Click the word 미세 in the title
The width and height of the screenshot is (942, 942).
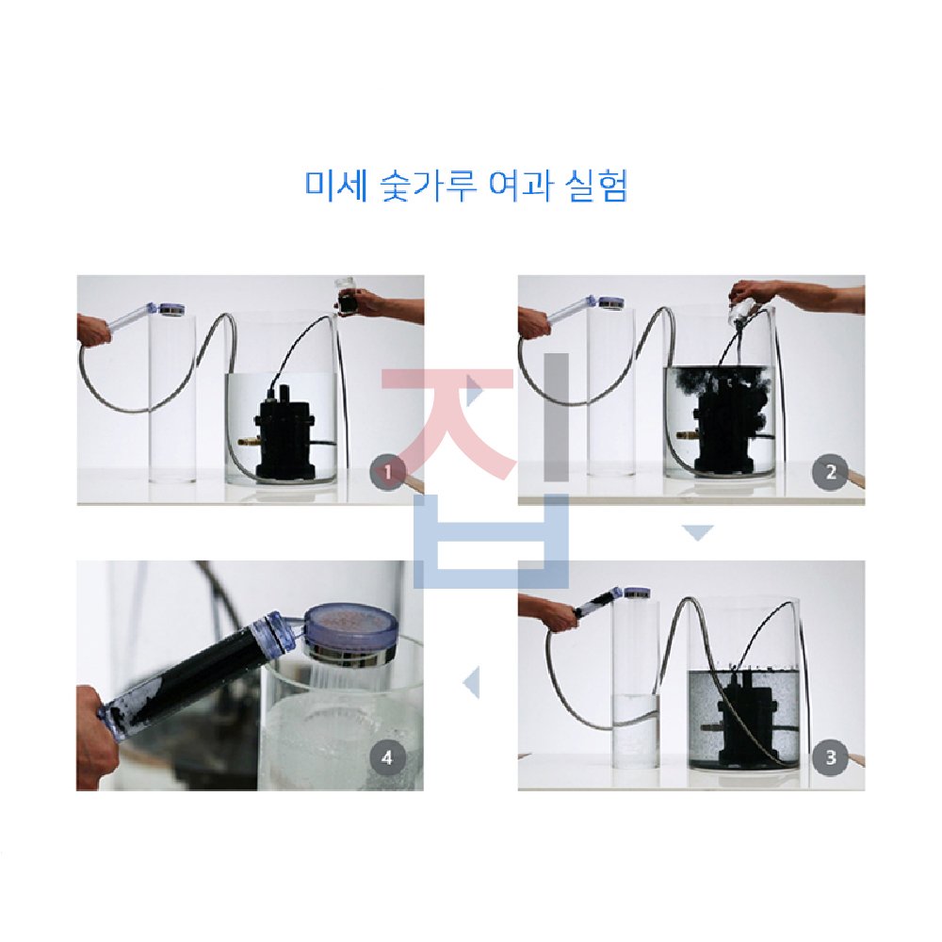pyautogui.click(x=336, y=186)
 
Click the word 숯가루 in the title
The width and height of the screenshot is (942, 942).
pyautogui.click(x=430, y=186)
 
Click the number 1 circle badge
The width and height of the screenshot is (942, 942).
pyautogui.click(x=387, y=472)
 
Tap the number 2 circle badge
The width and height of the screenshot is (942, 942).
pyautogui.click(x=830, y=472)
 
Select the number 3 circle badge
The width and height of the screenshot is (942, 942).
pyautogui.click(x=830, y=757)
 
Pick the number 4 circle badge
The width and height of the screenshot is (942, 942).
pyautogui.click(x=387, y=757)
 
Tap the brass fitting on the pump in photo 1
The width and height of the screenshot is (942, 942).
pyautogui.click(x=247, y=442)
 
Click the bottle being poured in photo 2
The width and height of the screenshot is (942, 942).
pyautogui.click(x=742, y=314)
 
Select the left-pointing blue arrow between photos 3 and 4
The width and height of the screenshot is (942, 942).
pyautogui.click(x=471, y=682)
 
